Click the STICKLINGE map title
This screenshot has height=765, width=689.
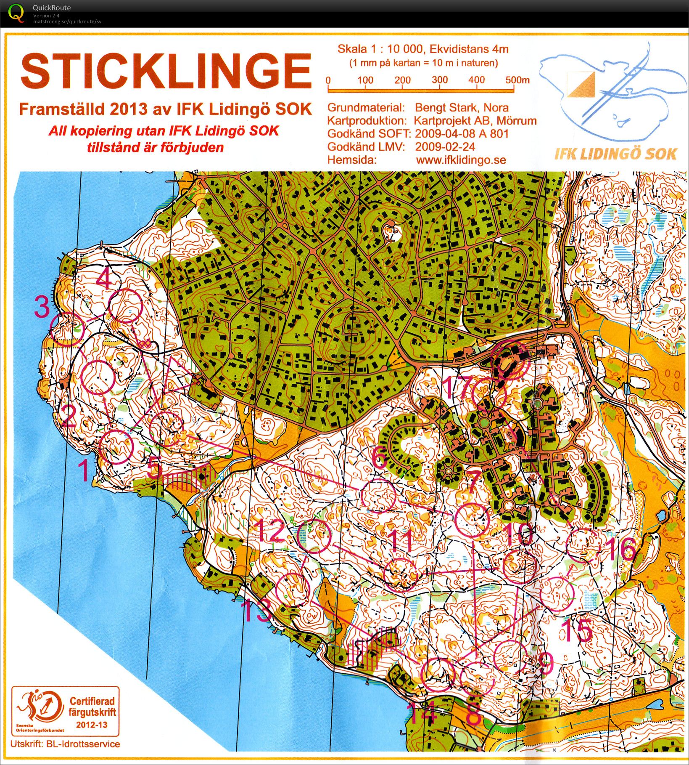coord(166,72)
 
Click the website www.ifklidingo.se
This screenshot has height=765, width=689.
coord(461,160)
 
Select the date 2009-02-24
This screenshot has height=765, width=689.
coord(445,147)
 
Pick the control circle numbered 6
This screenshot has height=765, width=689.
coord(378,495)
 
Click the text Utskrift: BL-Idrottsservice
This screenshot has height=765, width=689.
coord(65,744)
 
